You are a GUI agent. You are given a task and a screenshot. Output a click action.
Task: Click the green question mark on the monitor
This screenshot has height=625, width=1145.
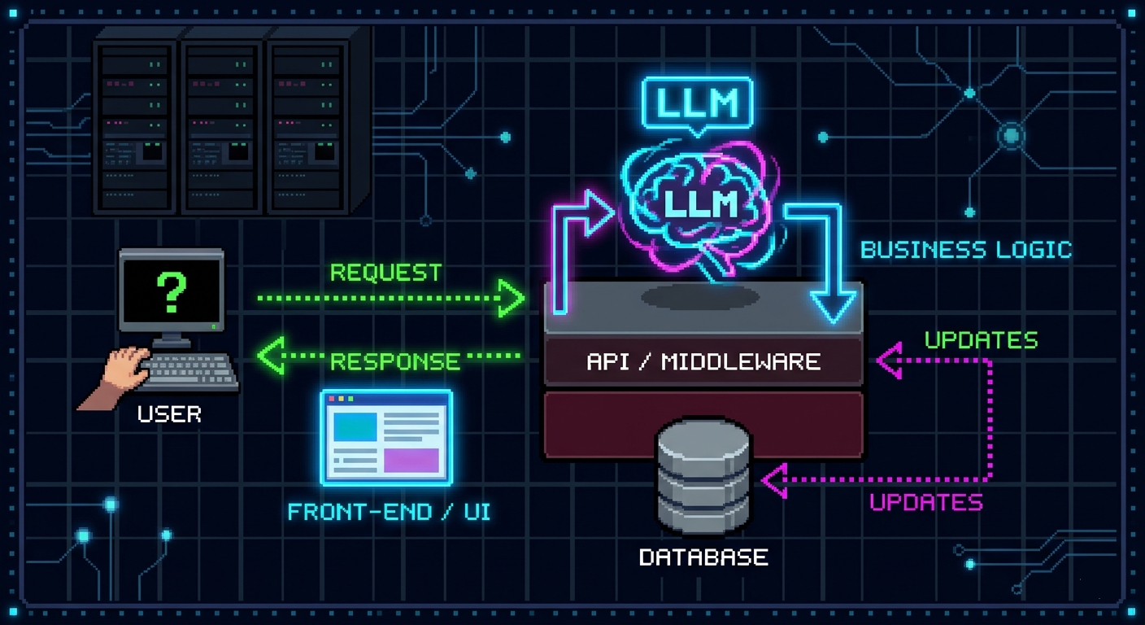tap(172, 292)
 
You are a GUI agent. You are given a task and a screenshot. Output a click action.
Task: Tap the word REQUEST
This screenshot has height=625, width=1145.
tap(385, 272)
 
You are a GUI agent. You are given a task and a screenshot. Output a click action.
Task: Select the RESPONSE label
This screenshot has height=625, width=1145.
tap(395, 361)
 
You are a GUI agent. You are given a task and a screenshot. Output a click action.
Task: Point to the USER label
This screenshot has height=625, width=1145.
tap(169, 414)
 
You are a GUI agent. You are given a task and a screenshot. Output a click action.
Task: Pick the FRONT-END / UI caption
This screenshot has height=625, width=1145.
tap(389, 511)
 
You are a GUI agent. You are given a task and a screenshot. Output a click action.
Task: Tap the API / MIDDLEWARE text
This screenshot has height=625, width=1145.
tap(703, 361)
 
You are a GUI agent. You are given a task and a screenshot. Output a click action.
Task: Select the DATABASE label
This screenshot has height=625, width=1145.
tap(703, 557)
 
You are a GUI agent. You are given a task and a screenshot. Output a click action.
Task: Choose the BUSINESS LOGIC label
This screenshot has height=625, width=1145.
tap(966, 249)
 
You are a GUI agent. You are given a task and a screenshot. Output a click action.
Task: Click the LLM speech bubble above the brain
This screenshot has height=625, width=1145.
tap(697, 104)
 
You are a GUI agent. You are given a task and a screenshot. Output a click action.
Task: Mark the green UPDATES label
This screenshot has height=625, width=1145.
tap(981, 339)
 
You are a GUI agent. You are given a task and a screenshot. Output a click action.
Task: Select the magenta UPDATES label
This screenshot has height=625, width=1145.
tap(926, 501)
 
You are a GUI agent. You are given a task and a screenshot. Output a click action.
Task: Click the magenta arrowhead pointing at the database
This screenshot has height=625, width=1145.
tap(775, 480)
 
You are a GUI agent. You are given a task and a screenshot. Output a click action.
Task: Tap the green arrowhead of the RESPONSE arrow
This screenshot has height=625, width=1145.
tap(271, 356)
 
